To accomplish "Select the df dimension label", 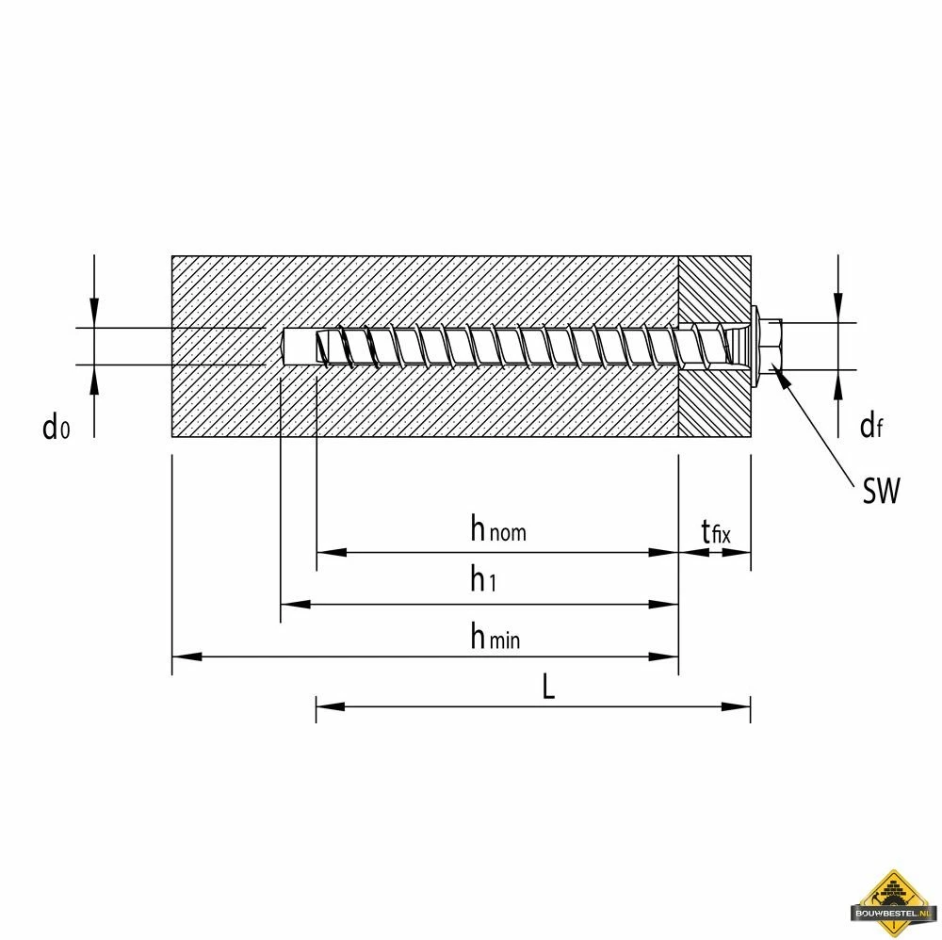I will pyautogui.click(x=870, y=427).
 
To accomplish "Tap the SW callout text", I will pyautogui.click(x=881, y=490).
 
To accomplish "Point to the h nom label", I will pyautogui.click(x=498, y=530).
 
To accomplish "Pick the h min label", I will pyautogui.click(x=495, y=638).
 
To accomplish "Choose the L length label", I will pyautogui.click(x=548, y=688).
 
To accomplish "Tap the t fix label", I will pyautogui.click(x=715, y=533).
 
